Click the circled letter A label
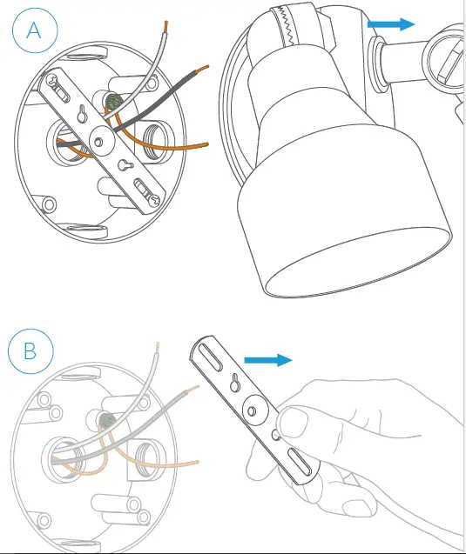pos(35,30)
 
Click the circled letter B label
pos(30,351)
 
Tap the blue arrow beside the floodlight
pos(391,24)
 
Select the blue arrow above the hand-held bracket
pos(268,360)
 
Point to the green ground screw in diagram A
pos(114,102)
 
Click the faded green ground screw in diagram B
pos(107,420)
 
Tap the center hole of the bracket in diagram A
pos(98,142)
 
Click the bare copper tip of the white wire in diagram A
pos(165,27)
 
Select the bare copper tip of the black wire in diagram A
pos(202,68)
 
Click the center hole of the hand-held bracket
pos(252,410)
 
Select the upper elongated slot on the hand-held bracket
pos(211,357)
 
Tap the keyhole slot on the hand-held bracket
pos(234,383)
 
